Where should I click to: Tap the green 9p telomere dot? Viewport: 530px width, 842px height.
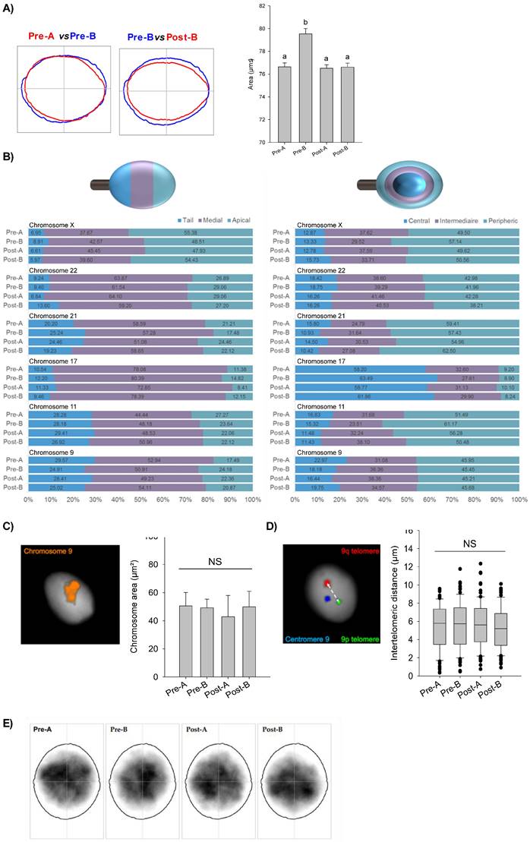pyautogui.click(x=340, y=602)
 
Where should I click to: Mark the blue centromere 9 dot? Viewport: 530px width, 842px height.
pyautogui.click(x=326, y=599)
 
